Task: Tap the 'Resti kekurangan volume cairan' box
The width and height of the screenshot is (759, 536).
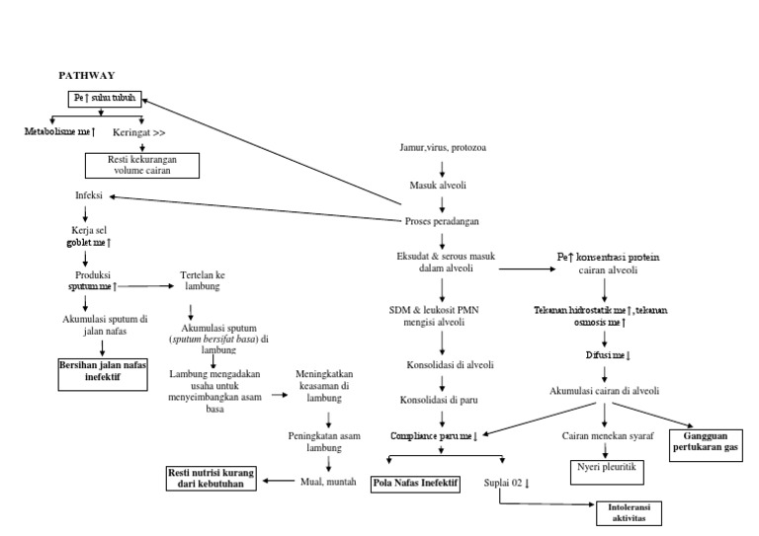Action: click(x=141, y=163)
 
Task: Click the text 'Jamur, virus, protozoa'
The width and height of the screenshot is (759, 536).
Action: click(x=442, y=148)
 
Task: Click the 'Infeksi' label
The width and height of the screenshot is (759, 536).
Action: click(x=90, y=195)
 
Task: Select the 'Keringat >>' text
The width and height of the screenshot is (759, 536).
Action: click(x=139, y=130)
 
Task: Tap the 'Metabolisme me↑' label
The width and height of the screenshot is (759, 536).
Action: click(x=58, y=130)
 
